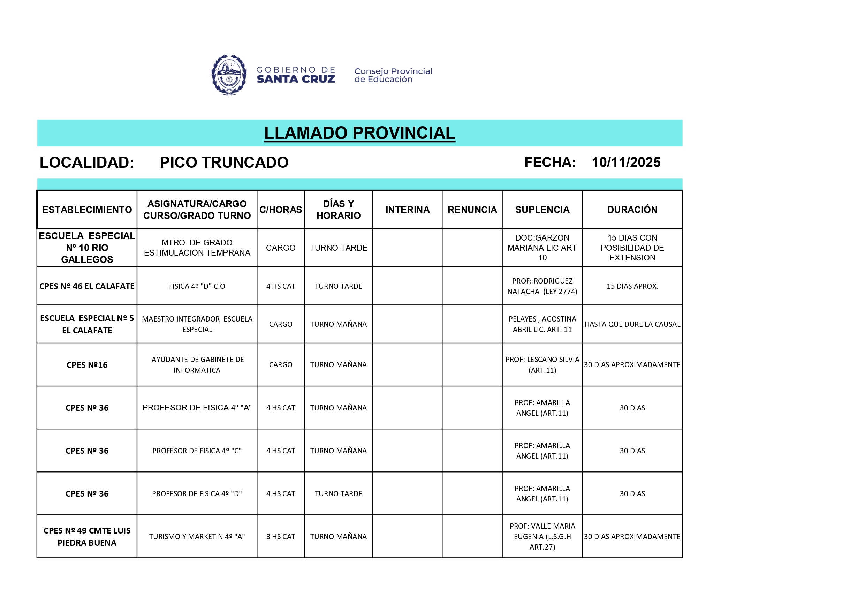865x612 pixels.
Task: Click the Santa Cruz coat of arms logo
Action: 229,75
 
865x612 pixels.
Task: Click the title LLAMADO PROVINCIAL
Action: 359,133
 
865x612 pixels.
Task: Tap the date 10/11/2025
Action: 626,163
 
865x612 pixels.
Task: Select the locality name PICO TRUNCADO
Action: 224,163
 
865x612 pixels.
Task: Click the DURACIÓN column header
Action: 632,210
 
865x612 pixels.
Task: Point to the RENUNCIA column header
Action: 472,210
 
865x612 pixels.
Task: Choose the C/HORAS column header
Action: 280,210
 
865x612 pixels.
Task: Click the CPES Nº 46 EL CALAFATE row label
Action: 87,286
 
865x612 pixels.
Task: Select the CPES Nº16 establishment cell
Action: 87,365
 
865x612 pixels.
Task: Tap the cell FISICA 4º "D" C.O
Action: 197,286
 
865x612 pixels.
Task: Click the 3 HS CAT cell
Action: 280,536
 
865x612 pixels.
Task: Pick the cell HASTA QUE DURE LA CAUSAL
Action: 632,324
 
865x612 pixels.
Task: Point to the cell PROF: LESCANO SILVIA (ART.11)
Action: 542,364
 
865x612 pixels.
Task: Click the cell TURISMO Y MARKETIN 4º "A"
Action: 197,536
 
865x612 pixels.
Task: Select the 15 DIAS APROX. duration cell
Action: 632,286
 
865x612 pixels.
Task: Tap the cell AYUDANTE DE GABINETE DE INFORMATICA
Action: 197,364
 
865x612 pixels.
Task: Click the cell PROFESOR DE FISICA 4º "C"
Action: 197,451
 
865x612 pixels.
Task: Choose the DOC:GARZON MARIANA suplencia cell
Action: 542,248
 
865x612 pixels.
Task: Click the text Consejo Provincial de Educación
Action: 393,75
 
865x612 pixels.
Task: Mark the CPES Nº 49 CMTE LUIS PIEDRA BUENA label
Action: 87,536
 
